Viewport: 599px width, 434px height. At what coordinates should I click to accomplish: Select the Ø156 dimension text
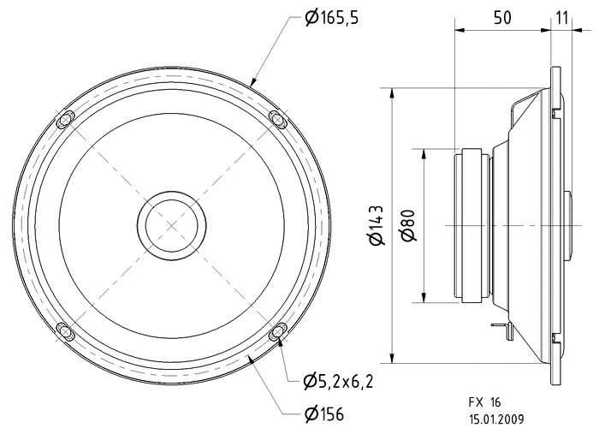pyautogui.click(x=324, y=415)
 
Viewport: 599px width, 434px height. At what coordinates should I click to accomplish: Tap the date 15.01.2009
pyautogui.click(x=496, y=419)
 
